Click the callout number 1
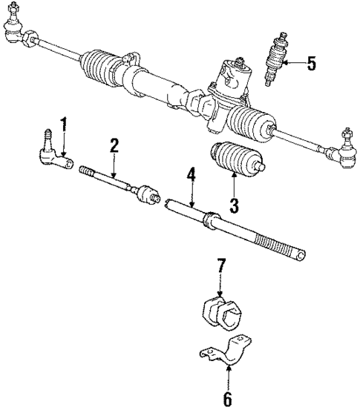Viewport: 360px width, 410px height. [x=64, y=124]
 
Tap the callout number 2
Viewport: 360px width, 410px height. [x=114, y=146]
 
